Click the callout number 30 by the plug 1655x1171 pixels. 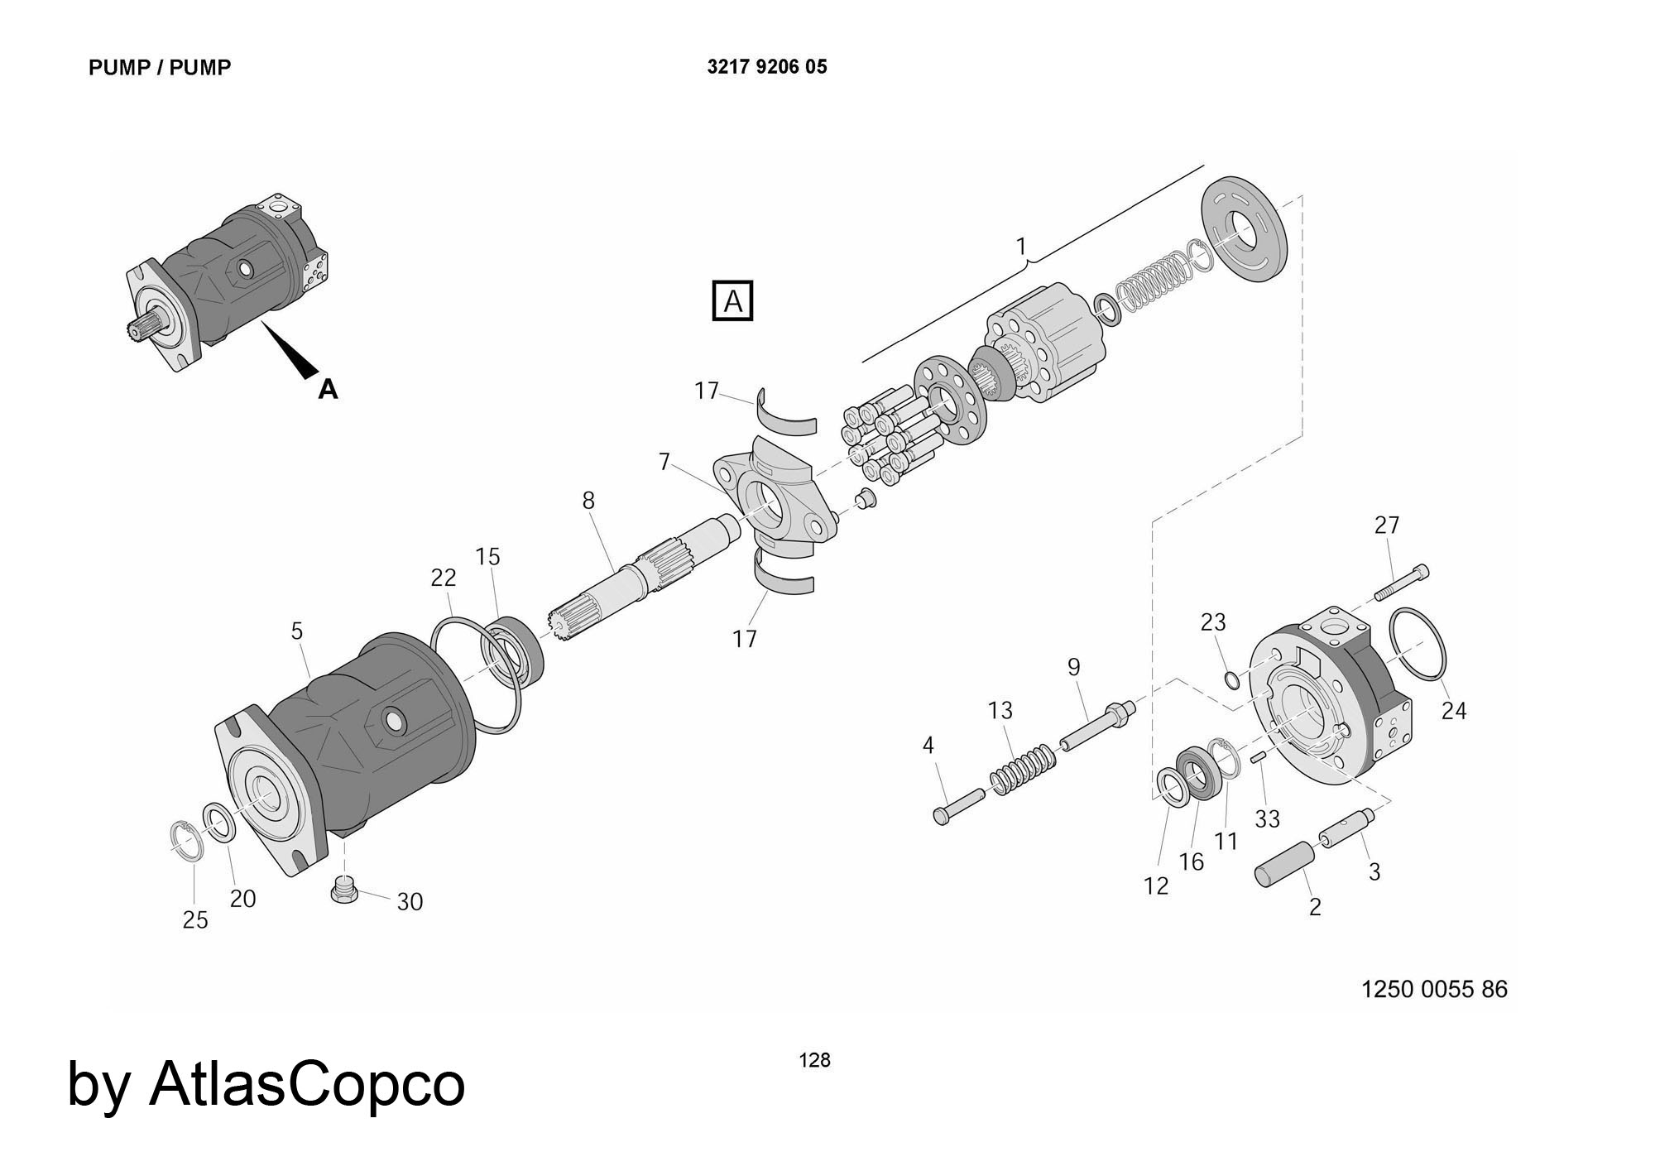(410, 902)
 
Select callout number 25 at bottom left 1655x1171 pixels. (195, 920)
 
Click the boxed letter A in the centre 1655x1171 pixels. (733, 301)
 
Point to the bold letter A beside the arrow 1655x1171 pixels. (329, 389)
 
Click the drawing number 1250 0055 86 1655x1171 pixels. (1434, 989)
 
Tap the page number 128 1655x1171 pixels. (814, 1060)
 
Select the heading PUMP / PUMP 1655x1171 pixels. (160, 68)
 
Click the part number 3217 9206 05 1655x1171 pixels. (767, 67)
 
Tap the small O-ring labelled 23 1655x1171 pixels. (1231, 680)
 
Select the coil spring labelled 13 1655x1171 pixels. (1024, 770)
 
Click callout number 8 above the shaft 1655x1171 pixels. (588, 501)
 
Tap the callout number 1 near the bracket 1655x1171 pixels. (1021, 247)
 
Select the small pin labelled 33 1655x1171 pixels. (1259, 756)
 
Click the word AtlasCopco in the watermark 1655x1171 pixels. (307, 1084)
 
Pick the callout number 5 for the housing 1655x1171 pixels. (297, 631)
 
